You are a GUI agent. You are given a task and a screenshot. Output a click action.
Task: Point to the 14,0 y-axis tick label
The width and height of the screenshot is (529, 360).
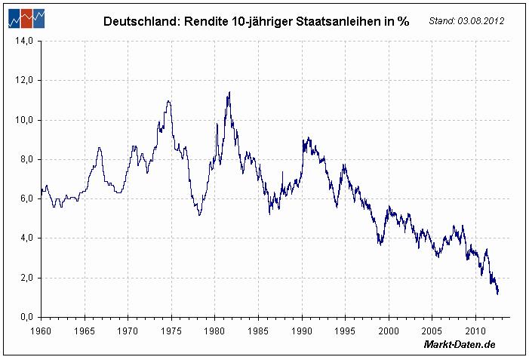point(23,41)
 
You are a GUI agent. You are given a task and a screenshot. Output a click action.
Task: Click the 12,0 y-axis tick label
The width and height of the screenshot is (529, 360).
point(23,80)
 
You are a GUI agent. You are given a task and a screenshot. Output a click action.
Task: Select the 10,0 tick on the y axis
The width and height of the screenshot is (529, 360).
point(23,120)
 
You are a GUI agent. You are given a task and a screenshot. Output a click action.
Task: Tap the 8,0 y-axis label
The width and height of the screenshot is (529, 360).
point(25,159)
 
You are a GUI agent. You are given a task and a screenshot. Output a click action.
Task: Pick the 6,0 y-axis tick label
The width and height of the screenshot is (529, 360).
point(25,198)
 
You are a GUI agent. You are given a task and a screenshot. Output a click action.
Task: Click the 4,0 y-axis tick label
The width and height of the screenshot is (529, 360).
point(25,238)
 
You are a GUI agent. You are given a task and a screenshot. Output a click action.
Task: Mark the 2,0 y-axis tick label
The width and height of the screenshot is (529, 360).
point(25,277)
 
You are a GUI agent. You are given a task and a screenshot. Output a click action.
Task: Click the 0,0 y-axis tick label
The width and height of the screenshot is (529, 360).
point(25,317)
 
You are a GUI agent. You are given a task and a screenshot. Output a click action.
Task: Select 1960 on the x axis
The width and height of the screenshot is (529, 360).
point(41,330)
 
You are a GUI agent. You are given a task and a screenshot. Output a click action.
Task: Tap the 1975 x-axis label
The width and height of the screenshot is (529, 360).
point(171,330)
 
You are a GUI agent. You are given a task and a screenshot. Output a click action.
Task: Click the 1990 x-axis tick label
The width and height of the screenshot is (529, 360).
point(302,330)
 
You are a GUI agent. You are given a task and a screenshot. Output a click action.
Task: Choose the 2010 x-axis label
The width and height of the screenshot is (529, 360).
point(475,330)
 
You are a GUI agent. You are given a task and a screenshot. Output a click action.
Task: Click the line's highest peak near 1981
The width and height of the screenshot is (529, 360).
point(229,92)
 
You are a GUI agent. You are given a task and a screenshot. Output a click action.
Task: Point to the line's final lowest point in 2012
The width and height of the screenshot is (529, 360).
point(497,294)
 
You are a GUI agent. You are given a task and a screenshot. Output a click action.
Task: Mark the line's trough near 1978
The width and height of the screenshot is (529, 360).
point(199,215)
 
